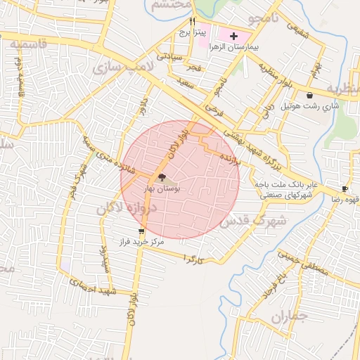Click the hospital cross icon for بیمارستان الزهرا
tap(234, 34)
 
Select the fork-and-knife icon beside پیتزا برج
tap(193, 22)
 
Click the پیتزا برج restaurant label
tap(192, 32)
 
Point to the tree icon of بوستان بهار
tap(162, 178)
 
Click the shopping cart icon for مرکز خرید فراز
tap(142, 231)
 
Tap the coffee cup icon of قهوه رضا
tap(345, 188)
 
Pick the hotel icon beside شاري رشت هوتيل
tap(309, 95)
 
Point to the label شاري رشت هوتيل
tap(310, 106)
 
